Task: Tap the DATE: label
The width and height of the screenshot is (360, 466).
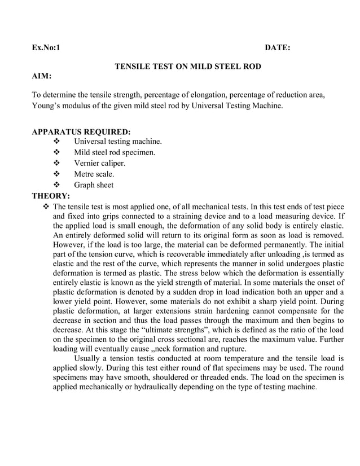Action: coord(278,49)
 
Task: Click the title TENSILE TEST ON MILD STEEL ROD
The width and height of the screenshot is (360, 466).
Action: coord(188,67)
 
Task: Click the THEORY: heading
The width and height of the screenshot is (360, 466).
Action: coord(51,196)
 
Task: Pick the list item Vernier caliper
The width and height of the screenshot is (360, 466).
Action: coord(100,163)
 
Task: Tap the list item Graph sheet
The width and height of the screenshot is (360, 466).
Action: coord(94,185)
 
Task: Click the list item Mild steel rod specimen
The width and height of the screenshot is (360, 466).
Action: coord(115,152)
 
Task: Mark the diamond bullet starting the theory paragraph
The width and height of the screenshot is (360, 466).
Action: coord(47,207)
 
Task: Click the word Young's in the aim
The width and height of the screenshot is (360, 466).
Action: coord(47,105)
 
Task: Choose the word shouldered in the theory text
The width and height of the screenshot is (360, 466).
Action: coord(173,376)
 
